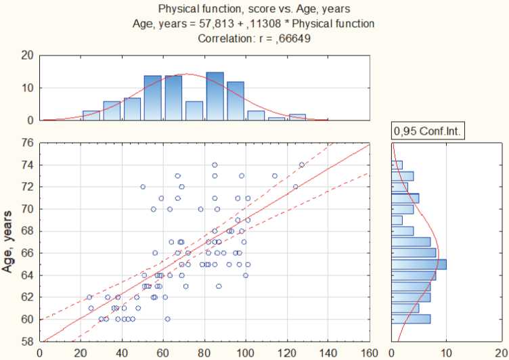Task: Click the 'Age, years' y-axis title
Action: [x=9, y=242]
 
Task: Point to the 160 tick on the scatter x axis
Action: [x=370, y=353]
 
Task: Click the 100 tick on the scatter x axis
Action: [x=246, y=353]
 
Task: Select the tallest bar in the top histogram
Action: [x=215, y=97]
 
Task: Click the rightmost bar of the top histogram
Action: [x=297, y=117]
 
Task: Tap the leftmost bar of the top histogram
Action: [x=91, y=116]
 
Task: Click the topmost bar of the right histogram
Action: [x=397, y=164]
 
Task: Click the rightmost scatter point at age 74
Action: [x=302, y=164]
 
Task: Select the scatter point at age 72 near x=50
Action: [x=143, y=187]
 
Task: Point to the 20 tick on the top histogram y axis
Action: [x=27, y=55]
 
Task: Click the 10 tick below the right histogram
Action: [x=446, y=353]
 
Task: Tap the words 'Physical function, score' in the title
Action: [x=202, y=9]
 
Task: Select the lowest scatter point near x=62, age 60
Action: [x=167, y=319]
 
